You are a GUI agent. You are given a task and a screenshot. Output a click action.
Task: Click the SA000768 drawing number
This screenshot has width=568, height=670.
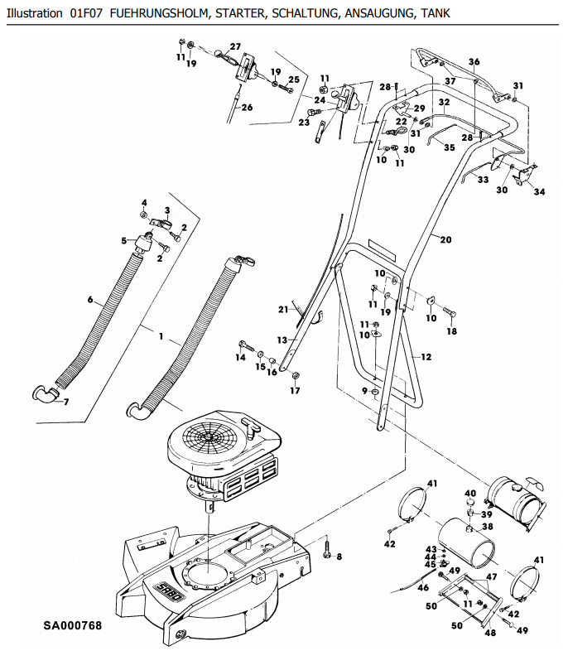click(x=73, y=625)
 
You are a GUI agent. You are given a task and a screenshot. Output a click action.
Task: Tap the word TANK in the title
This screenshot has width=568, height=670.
click(x=436, y=13)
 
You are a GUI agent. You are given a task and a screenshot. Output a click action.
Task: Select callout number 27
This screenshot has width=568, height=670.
click(x=235, y=46)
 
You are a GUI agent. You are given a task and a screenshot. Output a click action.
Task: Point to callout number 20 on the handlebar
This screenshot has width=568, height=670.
click(x=445, y=239)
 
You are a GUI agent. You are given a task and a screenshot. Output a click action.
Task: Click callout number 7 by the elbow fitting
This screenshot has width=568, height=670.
click(x=65, y=402)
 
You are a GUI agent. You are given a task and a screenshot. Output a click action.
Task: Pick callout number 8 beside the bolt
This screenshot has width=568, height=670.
click(x=339, y=557)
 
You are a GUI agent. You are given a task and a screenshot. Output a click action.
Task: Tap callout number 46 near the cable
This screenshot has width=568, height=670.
click(x=423, y=587)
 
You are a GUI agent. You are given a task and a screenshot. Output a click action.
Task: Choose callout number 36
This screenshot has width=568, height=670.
click(x=474, y=61)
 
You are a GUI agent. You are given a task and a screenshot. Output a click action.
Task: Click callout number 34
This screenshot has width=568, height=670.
click(x=539, y=192)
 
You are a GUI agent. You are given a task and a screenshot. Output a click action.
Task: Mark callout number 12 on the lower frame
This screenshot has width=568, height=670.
click(x=426, y=357)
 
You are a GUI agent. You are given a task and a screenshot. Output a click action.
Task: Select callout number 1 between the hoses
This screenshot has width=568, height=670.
click(x=161, y=336)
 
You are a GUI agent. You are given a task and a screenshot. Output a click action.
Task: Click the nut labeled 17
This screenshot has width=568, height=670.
click(x=295, y=376)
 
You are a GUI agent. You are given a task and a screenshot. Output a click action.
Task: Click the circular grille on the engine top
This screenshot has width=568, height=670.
click(x=209, y=436)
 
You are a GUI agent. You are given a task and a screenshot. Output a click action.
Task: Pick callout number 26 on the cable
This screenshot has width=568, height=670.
click(x=247, y=108)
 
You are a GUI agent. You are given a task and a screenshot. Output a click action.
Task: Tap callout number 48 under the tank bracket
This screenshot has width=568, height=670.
click(x=490, y=633)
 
